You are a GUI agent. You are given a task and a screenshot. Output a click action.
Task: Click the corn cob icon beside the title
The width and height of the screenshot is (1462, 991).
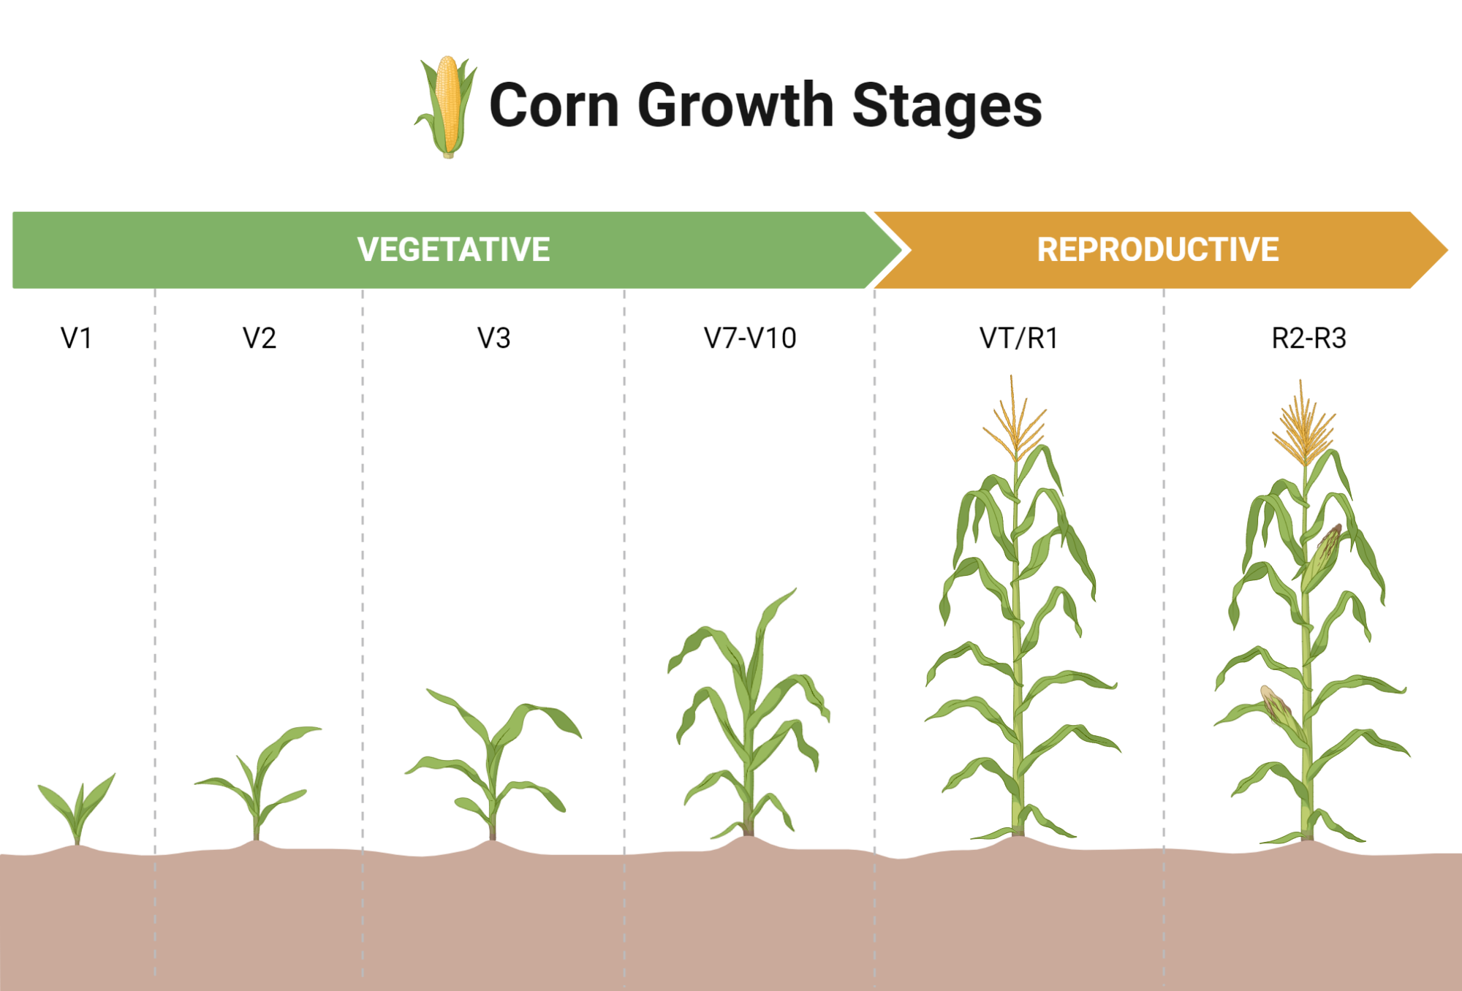(x=447, y=107)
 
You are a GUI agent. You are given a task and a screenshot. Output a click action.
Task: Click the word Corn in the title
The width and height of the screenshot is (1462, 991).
(x=554, y=105)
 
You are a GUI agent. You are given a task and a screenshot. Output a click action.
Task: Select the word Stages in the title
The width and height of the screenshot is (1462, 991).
(x=947, y=107)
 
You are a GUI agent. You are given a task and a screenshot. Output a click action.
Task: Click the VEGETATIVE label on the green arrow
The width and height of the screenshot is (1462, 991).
(x=453, y=250)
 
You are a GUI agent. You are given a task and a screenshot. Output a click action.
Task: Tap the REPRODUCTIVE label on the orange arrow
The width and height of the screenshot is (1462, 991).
(x=1158, y=250)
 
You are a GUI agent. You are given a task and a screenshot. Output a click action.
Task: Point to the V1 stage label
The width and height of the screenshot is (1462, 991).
(x=76, y=338)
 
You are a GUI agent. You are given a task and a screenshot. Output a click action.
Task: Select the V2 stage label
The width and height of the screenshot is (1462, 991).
(x=260, y=338)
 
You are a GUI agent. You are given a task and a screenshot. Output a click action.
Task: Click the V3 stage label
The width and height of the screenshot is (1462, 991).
(x=493, y=338)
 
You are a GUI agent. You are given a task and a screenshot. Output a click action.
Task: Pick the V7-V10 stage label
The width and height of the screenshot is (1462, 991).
(x=750, y=338)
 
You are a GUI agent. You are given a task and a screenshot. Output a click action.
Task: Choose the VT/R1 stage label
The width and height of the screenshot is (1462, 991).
(x=1019, y=338)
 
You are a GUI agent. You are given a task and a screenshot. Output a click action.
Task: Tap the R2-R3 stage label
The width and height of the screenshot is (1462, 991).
(x=1308, y=338)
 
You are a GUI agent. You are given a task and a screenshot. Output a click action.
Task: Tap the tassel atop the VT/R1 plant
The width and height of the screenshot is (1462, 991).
(x=1015, y=420)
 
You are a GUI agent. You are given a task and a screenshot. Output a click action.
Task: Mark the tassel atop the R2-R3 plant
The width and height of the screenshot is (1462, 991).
(x=1304, y=424)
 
